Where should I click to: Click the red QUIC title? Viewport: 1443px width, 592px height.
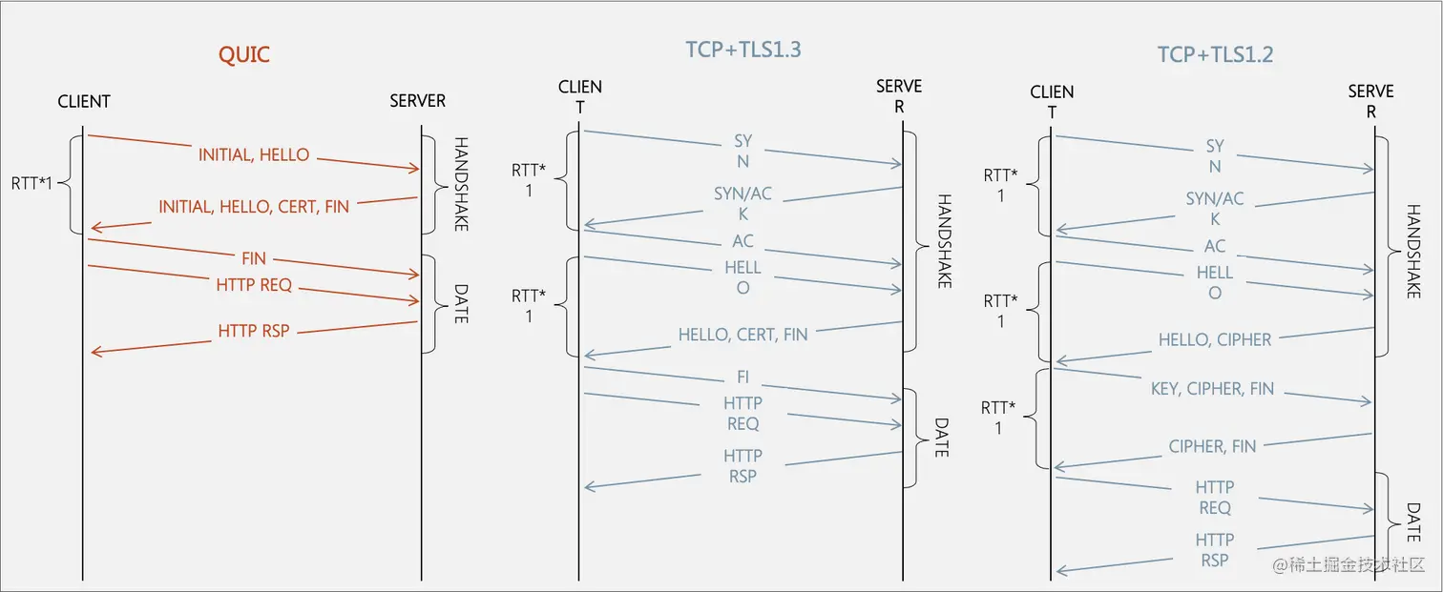[244, 54]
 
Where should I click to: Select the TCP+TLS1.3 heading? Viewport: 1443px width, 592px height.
[743, 50]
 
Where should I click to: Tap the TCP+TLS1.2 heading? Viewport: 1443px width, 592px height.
[1215, 54]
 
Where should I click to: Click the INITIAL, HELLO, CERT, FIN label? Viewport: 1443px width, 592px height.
[254, 206]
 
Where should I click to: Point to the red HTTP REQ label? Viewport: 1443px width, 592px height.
[254, 285]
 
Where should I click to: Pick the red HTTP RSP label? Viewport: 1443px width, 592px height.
[254, 331]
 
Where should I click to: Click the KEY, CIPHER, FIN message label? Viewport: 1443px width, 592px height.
[1212, 389]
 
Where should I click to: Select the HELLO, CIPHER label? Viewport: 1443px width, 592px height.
[1215, 339]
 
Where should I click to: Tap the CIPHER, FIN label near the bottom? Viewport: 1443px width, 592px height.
[1212, 446]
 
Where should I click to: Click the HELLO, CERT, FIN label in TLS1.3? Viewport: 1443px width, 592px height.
[742, 335]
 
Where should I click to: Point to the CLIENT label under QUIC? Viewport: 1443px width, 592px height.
[84, 101]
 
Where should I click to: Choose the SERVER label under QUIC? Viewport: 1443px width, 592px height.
[417, 101]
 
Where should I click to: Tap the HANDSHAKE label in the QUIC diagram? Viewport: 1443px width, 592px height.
[460, 184]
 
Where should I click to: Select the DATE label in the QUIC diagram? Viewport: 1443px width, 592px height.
[460, 302]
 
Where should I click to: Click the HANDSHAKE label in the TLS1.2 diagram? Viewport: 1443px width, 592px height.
[1413, 251]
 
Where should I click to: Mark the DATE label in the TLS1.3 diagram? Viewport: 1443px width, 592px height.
[941, 438]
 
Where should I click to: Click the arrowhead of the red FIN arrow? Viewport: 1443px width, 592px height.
[416, 276]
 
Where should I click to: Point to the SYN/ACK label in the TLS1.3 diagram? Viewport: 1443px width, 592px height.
[742, 204]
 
